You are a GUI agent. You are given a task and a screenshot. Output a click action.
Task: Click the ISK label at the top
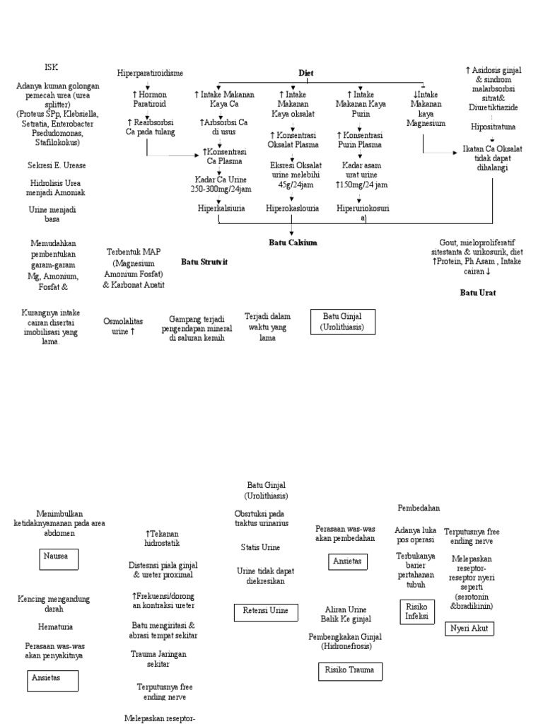tap(51, 67)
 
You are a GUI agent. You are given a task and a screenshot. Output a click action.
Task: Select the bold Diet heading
tap(306, 73)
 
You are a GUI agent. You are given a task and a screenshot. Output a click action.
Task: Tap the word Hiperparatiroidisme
tap(150, 73)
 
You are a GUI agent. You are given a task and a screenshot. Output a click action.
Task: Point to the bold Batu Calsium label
tap(293, 243)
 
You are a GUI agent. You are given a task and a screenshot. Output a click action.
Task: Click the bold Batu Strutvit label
tap(204, 261)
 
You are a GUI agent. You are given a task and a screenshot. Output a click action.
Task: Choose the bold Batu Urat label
tap(478, 292)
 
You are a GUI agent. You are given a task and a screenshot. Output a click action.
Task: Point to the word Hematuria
tap(55, 626)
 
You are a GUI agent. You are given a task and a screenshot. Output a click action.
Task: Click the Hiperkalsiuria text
tap(219, 209)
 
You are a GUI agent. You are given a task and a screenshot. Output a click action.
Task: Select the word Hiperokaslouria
tap(292, 209)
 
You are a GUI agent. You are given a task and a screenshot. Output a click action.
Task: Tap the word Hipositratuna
tap(493, 127)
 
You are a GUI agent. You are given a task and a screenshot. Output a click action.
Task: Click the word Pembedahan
tap(419, 508)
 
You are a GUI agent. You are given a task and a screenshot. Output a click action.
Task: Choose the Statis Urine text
tap(260, 547)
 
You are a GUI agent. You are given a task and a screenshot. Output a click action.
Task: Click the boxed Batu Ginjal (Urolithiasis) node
tap(342, 321)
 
